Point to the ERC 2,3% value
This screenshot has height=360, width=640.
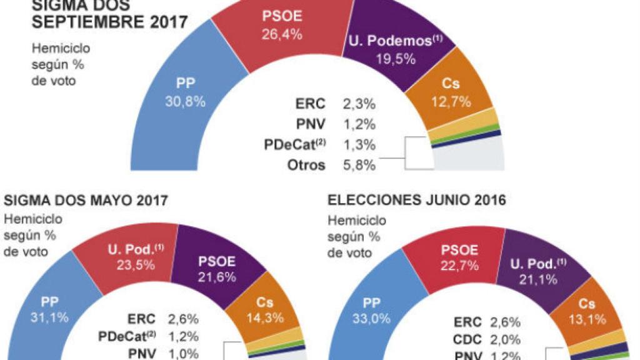point(359,104)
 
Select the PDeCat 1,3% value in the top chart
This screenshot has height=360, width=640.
point(359,146)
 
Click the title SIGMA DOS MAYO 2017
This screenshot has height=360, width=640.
point(86,201)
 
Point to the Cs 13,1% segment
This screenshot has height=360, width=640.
point(586,311)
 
